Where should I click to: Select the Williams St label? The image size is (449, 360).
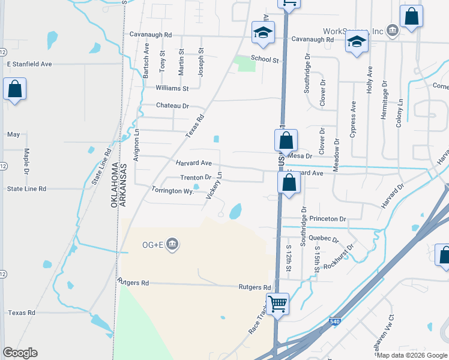coord(172,88)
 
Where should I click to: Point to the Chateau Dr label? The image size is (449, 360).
coord(172,106)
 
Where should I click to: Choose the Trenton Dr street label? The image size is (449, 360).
coord(196,178)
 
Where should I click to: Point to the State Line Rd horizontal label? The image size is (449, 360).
coord(26,188)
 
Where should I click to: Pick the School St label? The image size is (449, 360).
coord(265,59)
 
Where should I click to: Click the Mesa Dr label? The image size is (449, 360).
coord(300,156)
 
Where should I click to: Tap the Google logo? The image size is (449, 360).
coord(20,352)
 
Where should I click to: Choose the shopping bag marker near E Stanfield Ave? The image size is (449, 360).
coord(14,90)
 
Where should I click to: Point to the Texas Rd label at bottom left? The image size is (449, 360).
coord(22,313)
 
